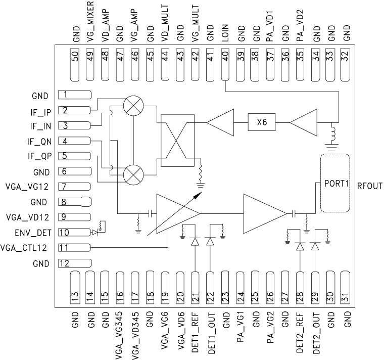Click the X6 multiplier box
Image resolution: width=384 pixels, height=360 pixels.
click(261, 122)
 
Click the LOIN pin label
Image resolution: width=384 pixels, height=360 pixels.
click(225, 29)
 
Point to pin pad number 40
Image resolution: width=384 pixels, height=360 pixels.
click(225, 65)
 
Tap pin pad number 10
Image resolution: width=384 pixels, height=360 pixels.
click(74, 233)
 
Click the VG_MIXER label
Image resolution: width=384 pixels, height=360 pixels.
click(91, 22)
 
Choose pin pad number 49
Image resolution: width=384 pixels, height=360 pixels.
click(91, 65)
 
